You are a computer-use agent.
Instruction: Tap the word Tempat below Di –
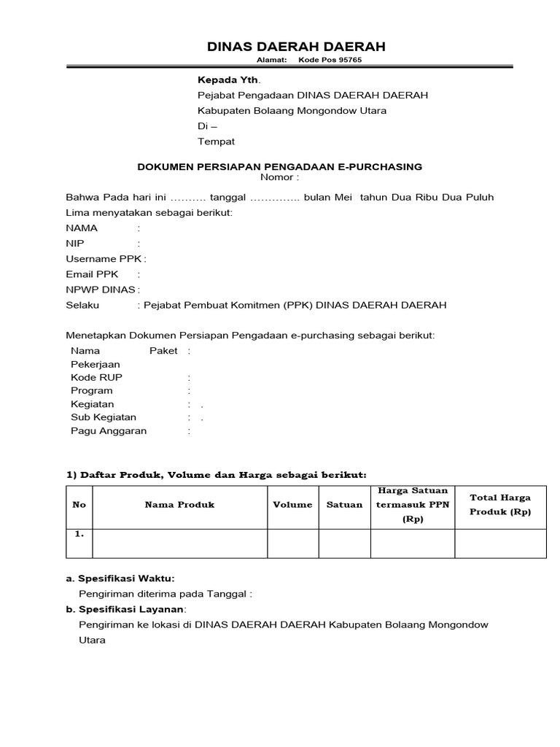pos(217,141)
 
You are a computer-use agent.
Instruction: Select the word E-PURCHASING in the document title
pos(381,166)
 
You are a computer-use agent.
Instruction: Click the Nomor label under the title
pos(277,177)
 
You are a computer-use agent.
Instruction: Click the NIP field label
pos(75,243)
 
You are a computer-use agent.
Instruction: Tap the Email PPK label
pos(92,274)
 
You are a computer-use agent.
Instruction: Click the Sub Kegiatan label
pos(104,417)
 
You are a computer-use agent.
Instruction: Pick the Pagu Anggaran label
pos(109,430)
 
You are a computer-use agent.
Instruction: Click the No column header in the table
pos(79,505)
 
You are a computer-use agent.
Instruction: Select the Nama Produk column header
pos(179,505)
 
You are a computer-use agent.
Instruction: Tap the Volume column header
pos(292,505)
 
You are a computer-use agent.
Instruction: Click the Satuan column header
pos(344,505)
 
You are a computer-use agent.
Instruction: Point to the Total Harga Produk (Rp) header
pos(500,505)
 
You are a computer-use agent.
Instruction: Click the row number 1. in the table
pos(79,534)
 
